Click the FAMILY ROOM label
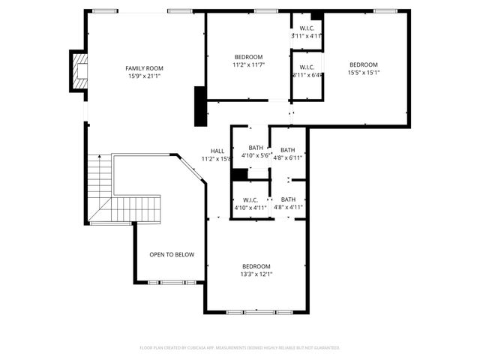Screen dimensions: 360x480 click(144, 68)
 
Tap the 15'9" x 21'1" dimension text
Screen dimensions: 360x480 click(144, 76)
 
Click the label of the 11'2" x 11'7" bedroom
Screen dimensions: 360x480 click(248, 58)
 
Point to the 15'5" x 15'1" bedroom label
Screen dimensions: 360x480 click(363, 64)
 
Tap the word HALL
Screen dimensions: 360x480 click(217, 151)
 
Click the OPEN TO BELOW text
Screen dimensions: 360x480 click(172, 255)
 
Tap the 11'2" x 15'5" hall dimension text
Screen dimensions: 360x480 click(216, 159)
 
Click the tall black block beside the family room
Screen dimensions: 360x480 click(199, 106)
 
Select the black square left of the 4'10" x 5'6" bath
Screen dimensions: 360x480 click(239, 175)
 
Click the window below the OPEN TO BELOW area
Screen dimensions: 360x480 click(172, 283)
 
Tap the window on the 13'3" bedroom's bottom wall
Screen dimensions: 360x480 click(256, 311)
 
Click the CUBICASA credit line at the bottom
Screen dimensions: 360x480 click(240, 348)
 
